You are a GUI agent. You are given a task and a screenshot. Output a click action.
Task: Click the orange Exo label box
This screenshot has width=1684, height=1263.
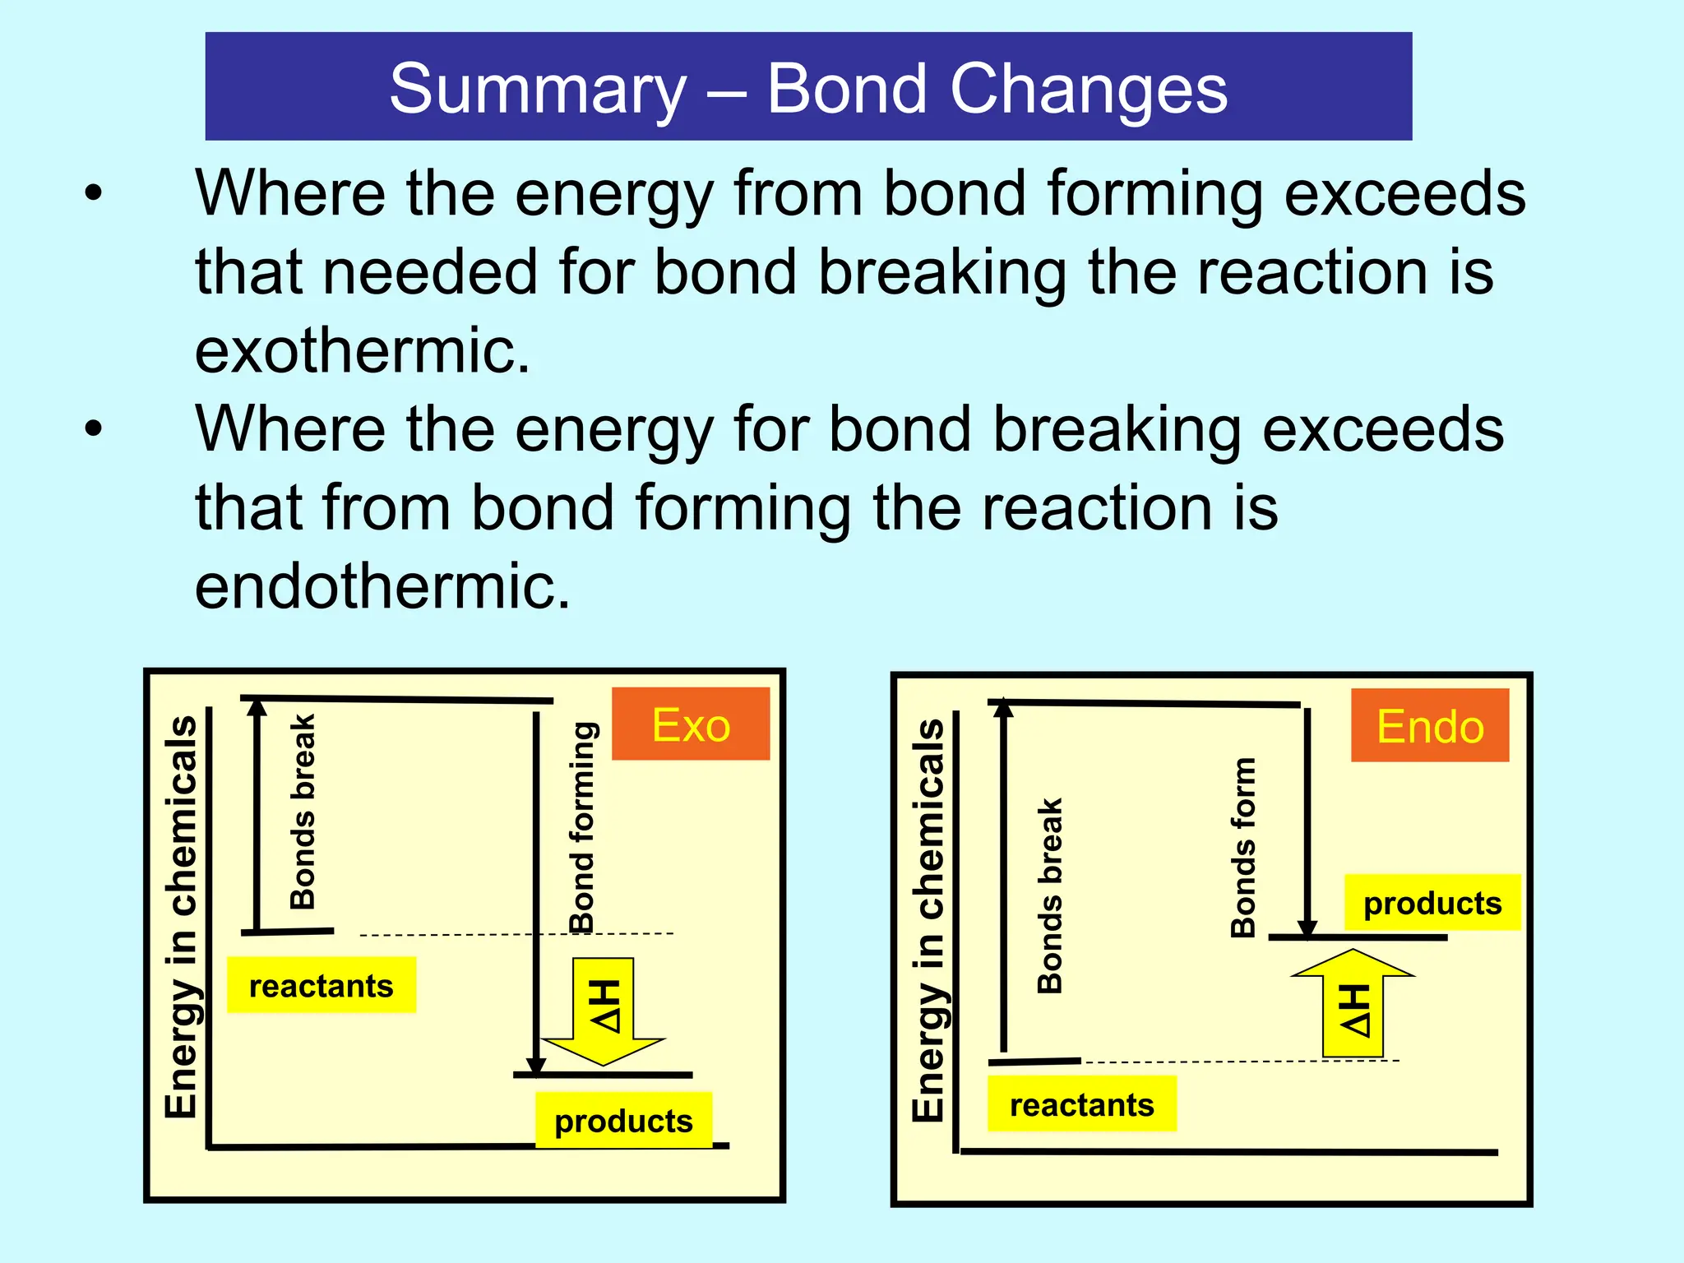click(x=691, y=724)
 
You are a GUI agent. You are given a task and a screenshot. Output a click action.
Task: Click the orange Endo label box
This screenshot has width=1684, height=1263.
click(x=1430, y=726)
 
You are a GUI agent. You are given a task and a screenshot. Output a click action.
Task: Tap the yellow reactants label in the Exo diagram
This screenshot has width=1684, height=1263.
click(x=322, y=985)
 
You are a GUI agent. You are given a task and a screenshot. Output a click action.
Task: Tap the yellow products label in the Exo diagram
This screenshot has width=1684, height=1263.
click(x=623, y=1120)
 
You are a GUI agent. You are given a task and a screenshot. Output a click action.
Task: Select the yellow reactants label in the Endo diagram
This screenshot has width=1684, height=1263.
click(x=1081, y=1104)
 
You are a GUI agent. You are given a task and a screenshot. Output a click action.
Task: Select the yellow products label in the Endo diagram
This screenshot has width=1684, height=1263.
click(x=1432, y=903)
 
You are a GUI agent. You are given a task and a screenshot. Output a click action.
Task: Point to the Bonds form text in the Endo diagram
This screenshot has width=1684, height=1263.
click(x=1243, y=848)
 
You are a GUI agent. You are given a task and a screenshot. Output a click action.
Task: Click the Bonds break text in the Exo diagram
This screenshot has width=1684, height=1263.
click(x=303, y=812)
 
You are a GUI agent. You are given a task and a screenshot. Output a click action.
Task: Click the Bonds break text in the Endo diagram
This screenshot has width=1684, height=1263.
click(x=1050, y=895)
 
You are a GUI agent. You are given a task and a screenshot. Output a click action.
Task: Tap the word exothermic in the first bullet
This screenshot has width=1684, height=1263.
click(x=362, y=350)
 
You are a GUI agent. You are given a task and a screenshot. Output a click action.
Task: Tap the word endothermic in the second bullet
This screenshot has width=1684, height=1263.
click(x=382, y=585)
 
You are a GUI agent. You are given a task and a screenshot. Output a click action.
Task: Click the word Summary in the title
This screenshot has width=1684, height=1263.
click(x=538, y=89)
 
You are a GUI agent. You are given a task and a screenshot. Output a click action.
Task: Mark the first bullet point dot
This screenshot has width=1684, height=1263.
click(x=94, y=194)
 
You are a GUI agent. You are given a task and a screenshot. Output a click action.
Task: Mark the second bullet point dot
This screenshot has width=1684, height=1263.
click(x=94, y=429)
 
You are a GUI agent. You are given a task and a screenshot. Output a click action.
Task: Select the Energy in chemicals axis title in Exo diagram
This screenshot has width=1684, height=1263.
click(x=181, y=917)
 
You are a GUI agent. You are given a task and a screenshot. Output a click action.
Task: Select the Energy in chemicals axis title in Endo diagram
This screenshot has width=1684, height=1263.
click(x=928, y=920)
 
